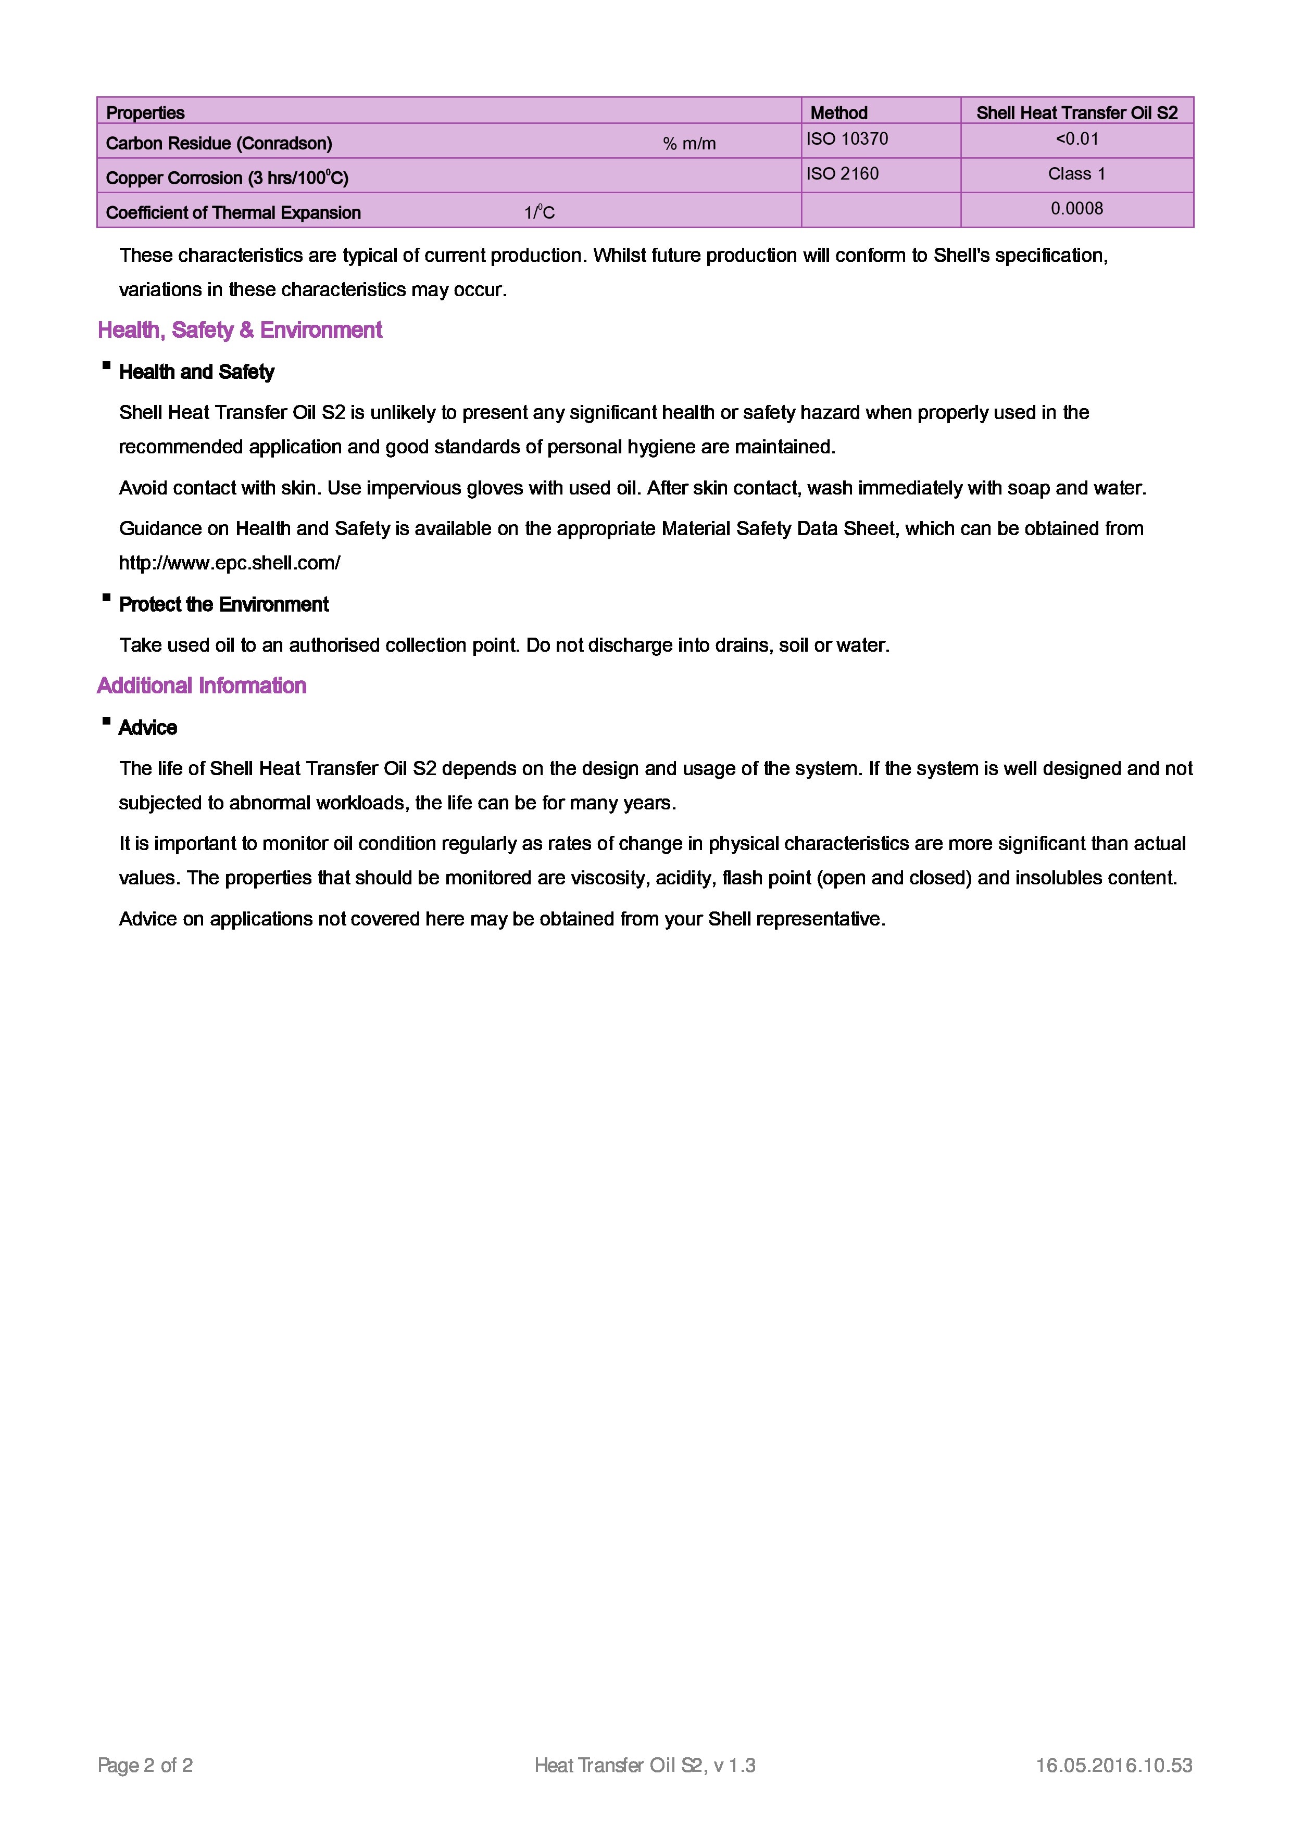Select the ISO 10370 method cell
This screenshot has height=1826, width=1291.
click(847, 139)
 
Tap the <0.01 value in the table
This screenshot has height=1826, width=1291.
click(1077, 139)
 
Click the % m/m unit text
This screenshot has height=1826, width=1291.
click(689, 144)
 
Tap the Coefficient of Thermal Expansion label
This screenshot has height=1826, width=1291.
click(233, 213)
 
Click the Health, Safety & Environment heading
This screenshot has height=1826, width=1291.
click(240, 330)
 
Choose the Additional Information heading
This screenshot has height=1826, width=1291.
click(201, 686)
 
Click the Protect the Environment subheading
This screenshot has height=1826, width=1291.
click(223, 604)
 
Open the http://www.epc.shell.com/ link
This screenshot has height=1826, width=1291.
click(229, 563)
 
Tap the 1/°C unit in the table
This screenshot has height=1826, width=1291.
click(540, 213)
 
